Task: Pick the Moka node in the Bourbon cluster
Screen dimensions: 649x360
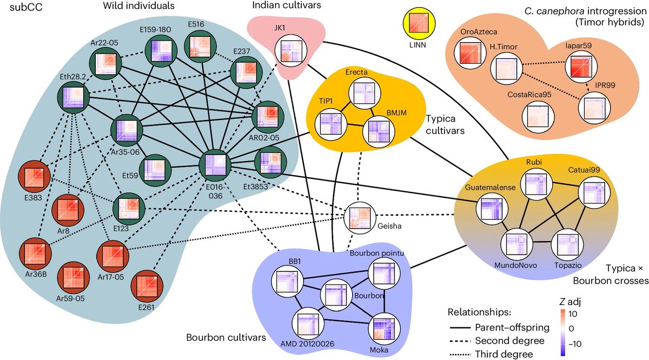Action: tap(384, 329)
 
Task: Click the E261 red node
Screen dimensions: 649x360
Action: tap(147, 286)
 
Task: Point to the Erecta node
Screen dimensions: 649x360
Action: tap(365, 94)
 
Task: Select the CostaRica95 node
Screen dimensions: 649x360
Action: tap(538, 117)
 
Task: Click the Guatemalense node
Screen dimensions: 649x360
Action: tap(492, 209)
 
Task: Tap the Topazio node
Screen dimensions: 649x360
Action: tap(567, 245)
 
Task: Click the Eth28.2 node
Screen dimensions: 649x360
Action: tap(74, 97)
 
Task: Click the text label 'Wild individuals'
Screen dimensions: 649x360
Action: tap(139, 6)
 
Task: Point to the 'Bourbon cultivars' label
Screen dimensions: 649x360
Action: tap(226, 337)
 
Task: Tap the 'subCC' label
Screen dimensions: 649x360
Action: tap(26, 7)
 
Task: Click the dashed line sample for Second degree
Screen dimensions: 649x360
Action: tap(460, 341)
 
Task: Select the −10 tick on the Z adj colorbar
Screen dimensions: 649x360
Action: tap(573, 344)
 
